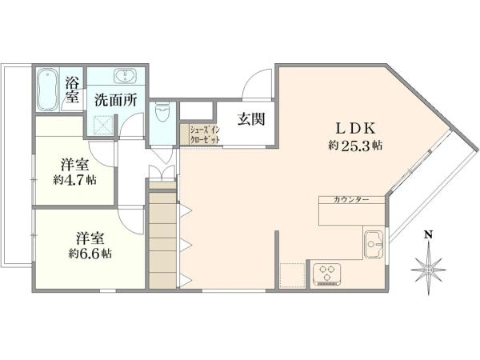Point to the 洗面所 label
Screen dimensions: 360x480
(x=115, y=101)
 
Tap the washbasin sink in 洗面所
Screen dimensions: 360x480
(x=126, y=77)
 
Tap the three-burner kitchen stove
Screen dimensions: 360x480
(x=328, y=274)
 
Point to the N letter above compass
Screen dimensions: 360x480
(x=428, y=234)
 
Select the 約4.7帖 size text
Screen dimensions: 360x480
(x=74, y=181)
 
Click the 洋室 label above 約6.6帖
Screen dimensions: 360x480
(x=89, y=238)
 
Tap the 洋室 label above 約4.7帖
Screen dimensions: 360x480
(x=74, y=165)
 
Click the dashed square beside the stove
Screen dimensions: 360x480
(x=294, y=274)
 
